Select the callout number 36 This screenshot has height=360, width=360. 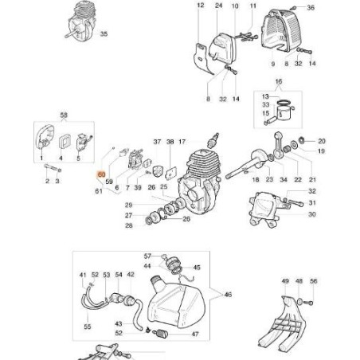(311, 7)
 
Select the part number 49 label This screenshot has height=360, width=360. (284, 281)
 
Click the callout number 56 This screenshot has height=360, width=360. (313, 281)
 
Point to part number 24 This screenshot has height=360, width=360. (218, 6)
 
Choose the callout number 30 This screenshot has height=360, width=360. (311, 214)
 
